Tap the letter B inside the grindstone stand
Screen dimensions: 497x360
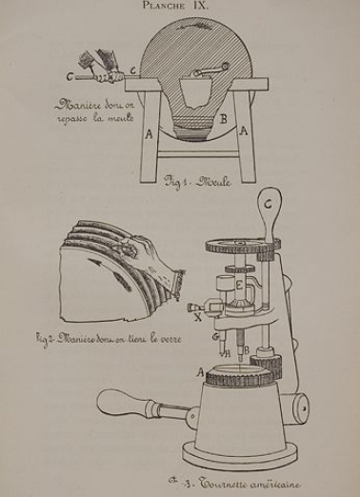pos(223,120)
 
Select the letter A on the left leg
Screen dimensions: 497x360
pos(150,134)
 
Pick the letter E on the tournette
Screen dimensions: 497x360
pos(240,285)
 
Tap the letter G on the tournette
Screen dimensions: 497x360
pos(215,334)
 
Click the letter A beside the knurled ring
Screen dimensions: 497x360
pos(199,369)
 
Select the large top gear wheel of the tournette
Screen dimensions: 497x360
pos(240,245)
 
